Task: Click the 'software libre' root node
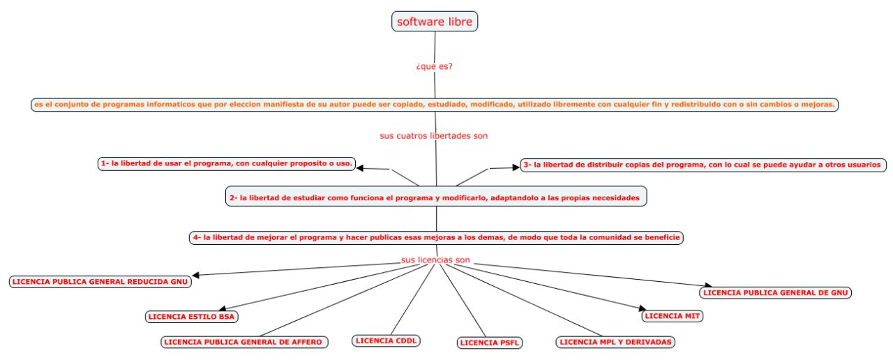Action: coord(435,22)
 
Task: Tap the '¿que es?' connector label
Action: coord(435,67)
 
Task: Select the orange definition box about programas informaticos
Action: coord(435,105)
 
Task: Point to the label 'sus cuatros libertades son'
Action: coord(433,136)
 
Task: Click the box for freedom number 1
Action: coord(227,163)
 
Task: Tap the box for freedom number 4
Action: coord(436,237)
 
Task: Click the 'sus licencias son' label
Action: coord(435,260)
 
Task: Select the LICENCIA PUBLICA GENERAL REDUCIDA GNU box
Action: coord(100,282)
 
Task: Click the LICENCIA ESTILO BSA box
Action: coord(190,317)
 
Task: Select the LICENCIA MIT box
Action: coord(672,316)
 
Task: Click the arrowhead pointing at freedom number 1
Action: coord(363,167)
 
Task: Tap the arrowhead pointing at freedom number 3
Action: coord(513,167)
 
